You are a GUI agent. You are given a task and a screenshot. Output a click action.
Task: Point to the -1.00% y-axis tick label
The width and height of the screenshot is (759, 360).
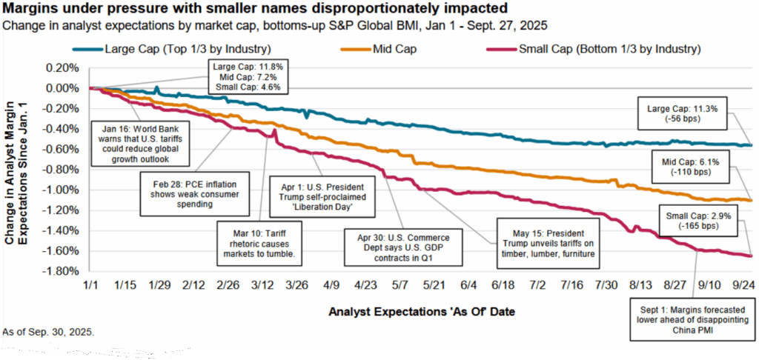pos(62,189)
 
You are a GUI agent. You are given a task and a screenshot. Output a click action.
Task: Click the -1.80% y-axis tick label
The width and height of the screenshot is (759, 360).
pos(62,270)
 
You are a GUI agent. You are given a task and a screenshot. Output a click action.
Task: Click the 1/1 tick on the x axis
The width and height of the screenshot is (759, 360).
pos(89,284)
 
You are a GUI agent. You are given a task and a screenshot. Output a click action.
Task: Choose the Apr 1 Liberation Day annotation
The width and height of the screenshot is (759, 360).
pos(328,193)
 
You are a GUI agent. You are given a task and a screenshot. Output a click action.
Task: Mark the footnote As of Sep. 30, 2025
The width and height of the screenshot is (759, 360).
pos(49,330)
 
